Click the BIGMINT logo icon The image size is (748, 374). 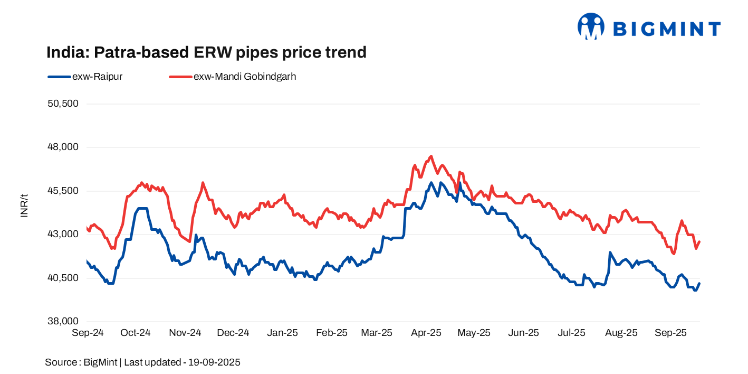point(590,26)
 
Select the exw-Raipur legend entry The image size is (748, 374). point(85,77)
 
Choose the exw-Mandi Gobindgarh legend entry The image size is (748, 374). point(233,77)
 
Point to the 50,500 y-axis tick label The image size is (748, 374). point(63,104)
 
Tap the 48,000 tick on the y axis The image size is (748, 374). point(63,147)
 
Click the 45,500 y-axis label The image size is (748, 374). point(63,191)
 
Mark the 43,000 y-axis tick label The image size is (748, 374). point(63,234)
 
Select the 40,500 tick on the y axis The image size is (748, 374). point(63,278)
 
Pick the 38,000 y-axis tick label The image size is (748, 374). point(63,321)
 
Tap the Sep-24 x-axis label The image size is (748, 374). point(87,333)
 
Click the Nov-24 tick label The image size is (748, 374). point(185,333)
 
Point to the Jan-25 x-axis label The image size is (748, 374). point(282,333)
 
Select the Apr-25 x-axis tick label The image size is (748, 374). point(426,333)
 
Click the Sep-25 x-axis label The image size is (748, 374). point(670,333)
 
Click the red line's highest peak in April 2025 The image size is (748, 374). point(431,156)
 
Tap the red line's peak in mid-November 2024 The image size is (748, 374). point(203,183)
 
